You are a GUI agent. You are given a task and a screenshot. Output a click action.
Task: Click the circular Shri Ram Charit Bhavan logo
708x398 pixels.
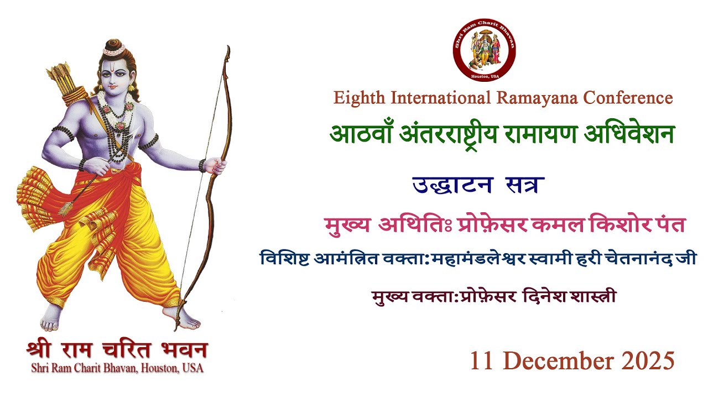485,50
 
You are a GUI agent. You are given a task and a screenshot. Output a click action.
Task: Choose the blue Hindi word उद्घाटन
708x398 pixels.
452,185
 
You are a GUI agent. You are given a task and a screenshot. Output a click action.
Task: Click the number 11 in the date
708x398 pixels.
481,361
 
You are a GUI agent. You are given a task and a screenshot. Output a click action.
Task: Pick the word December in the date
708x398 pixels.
557,361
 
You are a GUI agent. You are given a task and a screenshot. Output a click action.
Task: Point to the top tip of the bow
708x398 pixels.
227,49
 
